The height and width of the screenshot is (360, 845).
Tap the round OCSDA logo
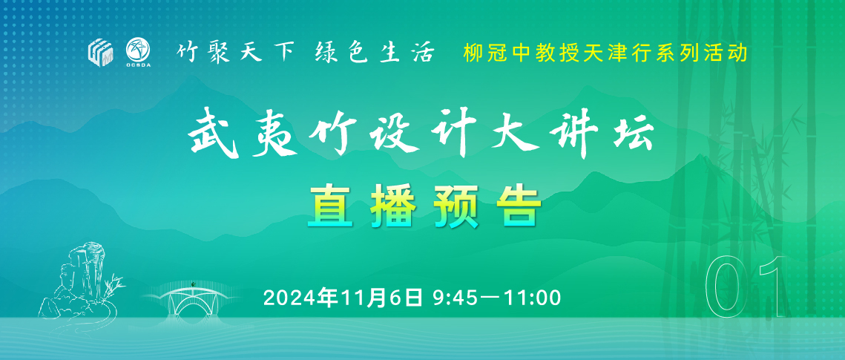pos(137,51)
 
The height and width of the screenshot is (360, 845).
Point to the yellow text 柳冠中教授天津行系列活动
pos(605,53)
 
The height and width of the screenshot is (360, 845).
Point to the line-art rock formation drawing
pos(80,278)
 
